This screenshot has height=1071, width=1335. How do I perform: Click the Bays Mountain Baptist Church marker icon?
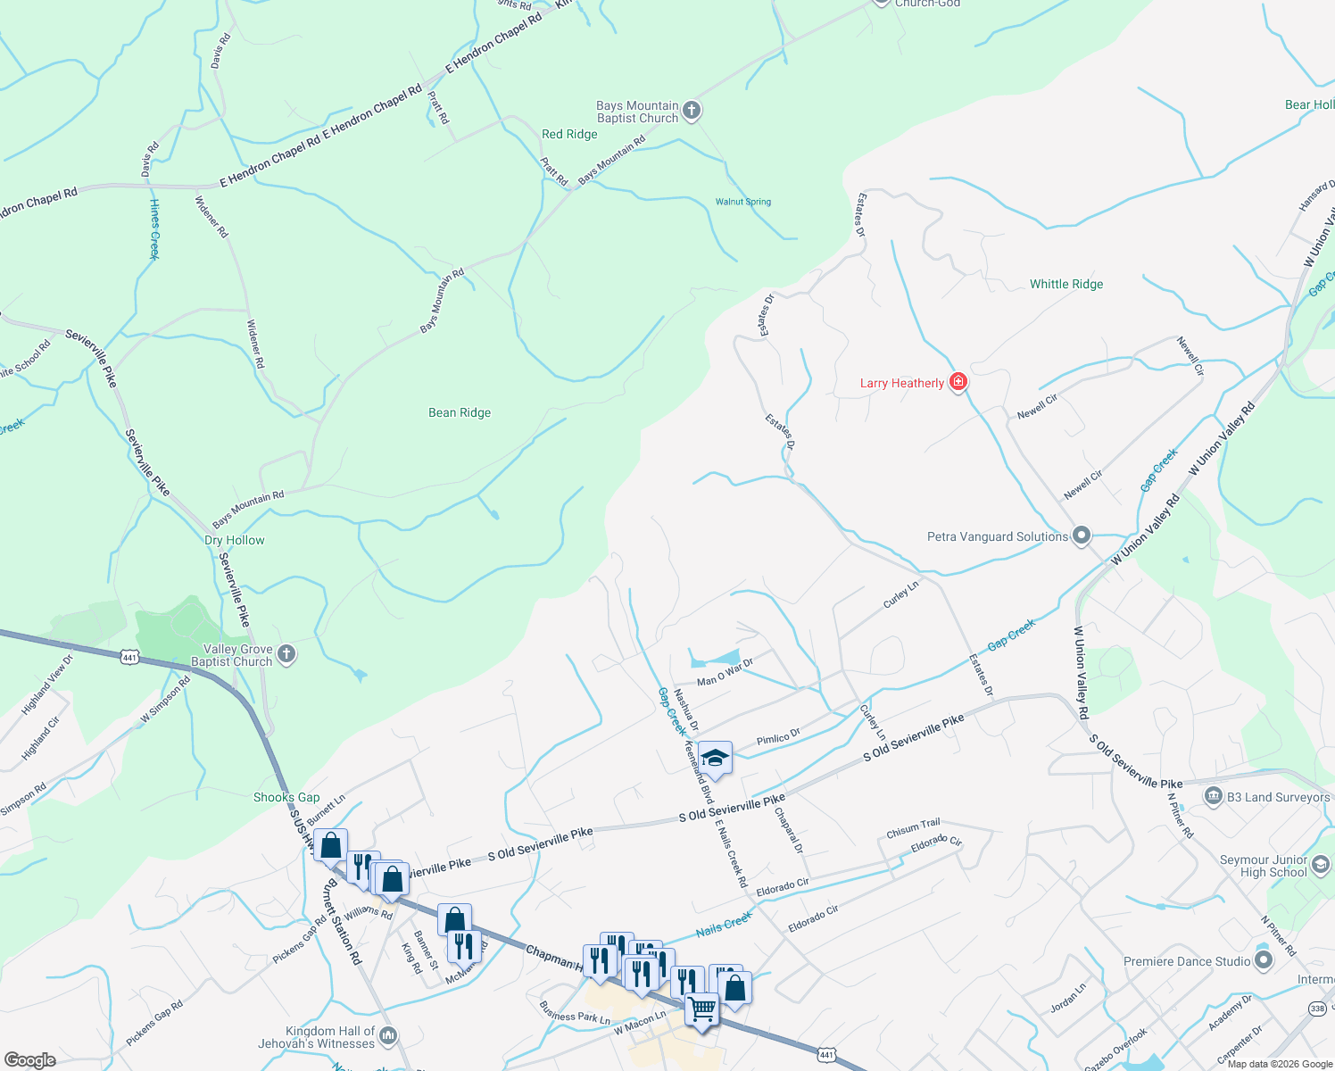point(692,112)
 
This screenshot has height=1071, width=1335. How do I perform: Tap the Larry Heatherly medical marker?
point(958,382)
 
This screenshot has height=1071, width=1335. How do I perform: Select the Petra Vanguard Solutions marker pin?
point(1082,535)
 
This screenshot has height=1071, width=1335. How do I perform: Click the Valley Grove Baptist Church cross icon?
point(286,655)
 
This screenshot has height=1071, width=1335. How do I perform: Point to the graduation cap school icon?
point(715,759)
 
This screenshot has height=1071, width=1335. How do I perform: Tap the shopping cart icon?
point(702,1009)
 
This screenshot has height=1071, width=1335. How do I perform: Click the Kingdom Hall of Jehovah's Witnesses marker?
point(388,1036)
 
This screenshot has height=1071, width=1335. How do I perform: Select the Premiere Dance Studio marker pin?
point(1263,961)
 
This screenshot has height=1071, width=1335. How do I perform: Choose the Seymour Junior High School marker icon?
point(1321,864)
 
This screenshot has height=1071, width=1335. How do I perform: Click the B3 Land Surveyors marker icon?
point(1213,797)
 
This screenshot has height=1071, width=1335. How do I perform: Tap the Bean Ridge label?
point(460,412)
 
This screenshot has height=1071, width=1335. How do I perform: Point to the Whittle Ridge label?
point(1066,284)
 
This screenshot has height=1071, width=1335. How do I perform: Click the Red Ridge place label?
point(569,134)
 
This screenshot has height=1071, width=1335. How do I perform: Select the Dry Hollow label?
point(235,540)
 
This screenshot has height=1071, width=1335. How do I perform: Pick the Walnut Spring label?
point(743,202)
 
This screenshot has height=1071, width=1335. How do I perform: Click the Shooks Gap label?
point(286,797)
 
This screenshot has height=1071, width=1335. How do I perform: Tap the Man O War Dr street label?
point(725,672)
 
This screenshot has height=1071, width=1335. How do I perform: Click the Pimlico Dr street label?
point(778,738)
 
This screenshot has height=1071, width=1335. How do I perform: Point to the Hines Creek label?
point(154,229)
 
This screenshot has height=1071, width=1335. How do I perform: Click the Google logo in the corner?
point(29,1059)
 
